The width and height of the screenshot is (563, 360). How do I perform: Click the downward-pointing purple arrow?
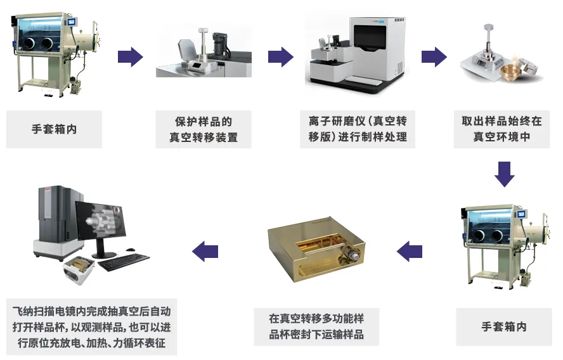[x=504, y=174]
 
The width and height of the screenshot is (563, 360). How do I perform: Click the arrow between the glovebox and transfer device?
[x=131, y=56]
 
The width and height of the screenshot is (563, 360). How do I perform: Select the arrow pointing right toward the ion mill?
[x=281, y=56]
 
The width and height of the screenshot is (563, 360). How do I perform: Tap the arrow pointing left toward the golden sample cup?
[x=410, y=251]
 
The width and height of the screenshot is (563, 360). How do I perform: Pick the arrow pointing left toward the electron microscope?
[x=205, y=251]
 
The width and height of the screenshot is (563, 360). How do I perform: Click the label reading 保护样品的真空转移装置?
[x=204, y=129]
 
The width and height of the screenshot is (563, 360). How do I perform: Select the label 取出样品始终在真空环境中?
[x=502, y=129]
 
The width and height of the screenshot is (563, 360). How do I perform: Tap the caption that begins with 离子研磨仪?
[x=358, y=129]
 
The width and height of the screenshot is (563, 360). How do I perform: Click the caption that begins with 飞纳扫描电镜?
[x=91, y=326]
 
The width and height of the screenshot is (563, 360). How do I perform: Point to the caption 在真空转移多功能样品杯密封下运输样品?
[x=316, y=326]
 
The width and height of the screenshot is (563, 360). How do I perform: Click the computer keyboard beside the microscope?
[x=124, y=262]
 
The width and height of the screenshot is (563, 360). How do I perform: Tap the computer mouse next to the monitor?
[x=131, y=250]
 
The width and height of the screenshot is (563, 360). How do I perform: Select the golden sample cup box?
[x=316, y=248]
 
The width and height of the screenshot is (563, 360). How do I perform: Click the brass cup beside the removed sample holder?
[x=510, y=73]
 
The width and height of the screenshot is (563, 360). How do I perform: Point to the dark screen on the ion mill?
[x=370, y=37]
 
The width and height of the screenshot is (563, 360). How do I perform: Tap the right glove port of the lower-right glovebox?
[x=497, y=235]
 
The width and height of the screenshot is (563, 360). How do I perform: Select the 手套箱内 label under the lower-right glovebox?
[x=504, y=326]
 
